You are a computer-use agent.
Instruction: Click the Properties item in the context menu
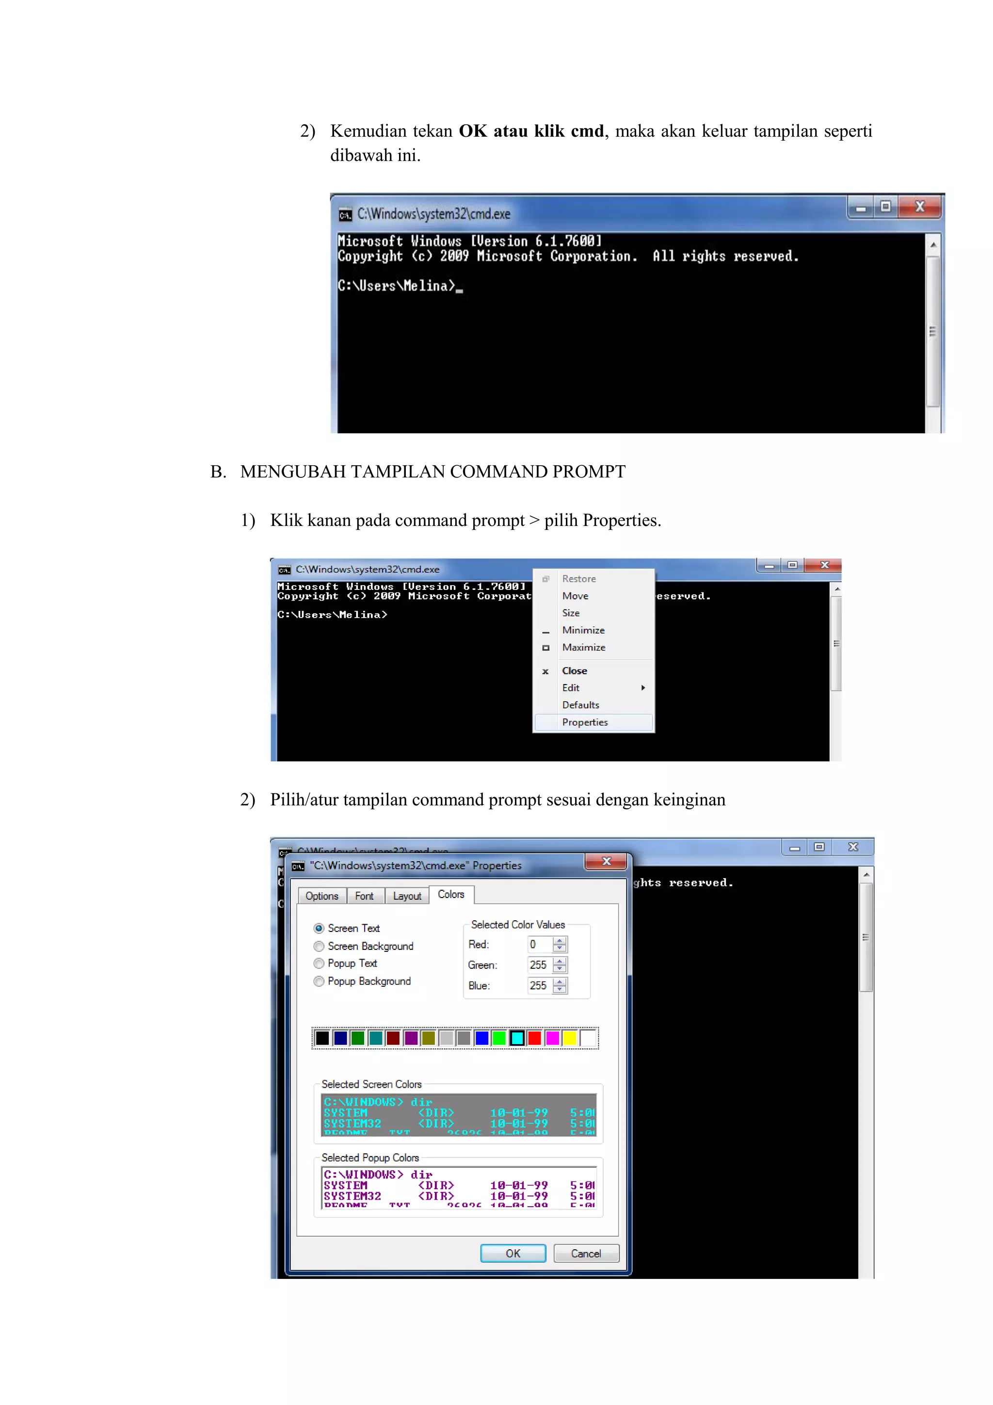pyautogui.click(x=585, y=722)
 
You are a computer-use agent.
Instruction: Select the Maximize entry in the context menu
pyautogui.click(x=583, y=647)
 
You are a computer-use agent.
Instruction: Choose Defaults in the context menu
pyautogui.click(x=580, y=705)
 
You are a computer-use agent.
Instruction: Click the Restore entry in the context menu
pyautogui.click(x=578, y=579)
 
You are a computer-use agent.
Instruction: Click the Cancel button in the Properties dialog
pyautogui.click(x=586, y=1253)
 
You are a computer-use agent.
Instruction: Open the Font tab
pyautogui.click(x=365, y=896)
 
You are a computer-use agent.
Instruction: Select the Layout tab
pyautogui.click(x=407, y=896)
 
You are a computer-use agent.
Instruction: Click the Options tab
pyautogui.click(x=321, y=896)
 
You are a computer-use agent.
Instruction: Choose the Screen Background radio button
pyautogui.click(x=319, y=946)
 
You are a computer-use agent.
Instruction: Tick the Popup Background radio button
pyautogui.click(x=319, y=981)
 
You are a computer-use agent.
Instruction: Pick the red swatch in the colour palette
pyautogui.click(x=534, y=1038)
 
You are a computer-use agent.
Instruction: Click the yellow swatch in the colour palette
pyautogui.click(x=570, y=1038)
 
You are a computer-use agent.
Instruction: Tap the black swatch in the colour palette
pyautogui.click(x=322, y=1038)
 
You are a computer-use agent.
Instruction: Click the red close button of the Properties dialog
pyautogui.click(x=606, y=861)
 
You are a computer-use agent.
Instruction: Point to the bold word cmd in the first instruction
pyautogui.click(x=587, y=131)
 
